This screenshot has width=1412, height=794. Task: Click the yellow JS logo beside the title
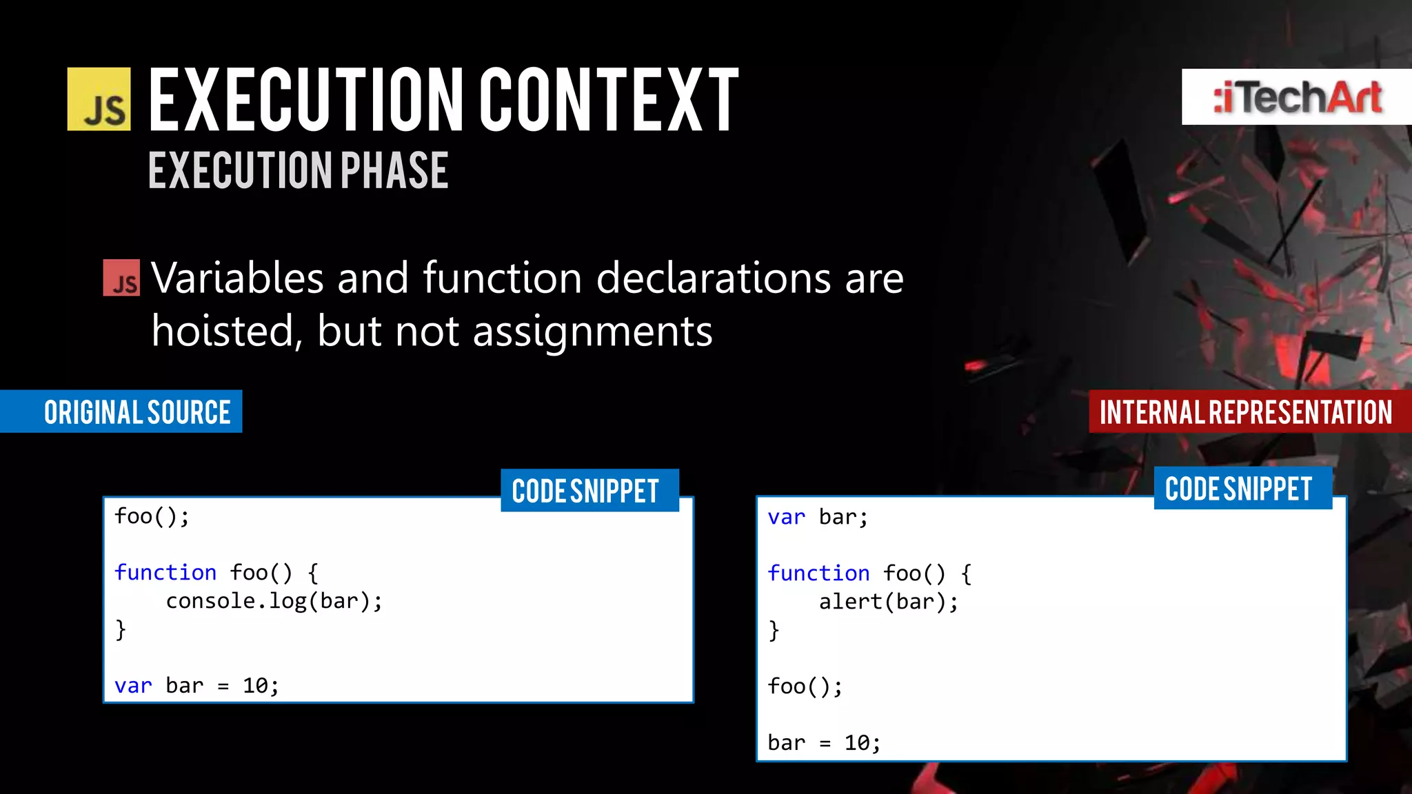tap(99, 99)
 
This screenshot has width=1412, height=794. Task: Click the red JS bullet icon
tap(121, 278)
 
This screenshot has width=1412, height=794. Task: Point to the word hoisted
tap(226, 332)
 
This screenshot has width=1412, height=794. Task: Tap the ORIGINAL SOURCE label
tap(137, 412)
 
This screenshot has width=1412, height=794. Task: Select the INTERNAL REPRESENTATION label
tap(1245, 412)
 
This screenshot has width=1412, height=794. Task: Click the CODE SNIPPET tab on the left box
tap(586, 491)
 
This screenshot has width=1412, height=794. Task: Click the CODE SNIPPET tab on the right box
tap(1239, 489)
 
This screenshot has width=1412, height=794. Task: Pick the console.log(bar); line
tap(274, 601)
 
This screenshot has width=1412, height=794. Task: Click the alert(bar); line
tap(888, 602)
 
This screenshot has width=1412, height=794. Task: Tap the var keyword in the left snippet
tap(132, 686)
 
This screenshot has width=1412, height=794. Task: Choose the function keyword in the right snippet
tap(818, 573)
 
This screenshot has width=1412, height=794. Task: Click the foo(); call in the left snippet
tap(152, 516)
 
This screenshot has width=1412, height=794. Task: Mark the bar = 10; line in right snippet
tap(824, 743)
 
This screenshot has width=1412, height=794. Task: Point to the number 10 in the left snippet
tap(255, 686)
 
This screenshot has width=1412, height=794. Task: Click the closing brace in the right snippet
tap(774, 631)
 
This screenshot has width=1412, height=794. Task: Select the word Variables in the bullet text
tap(237, 278)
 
